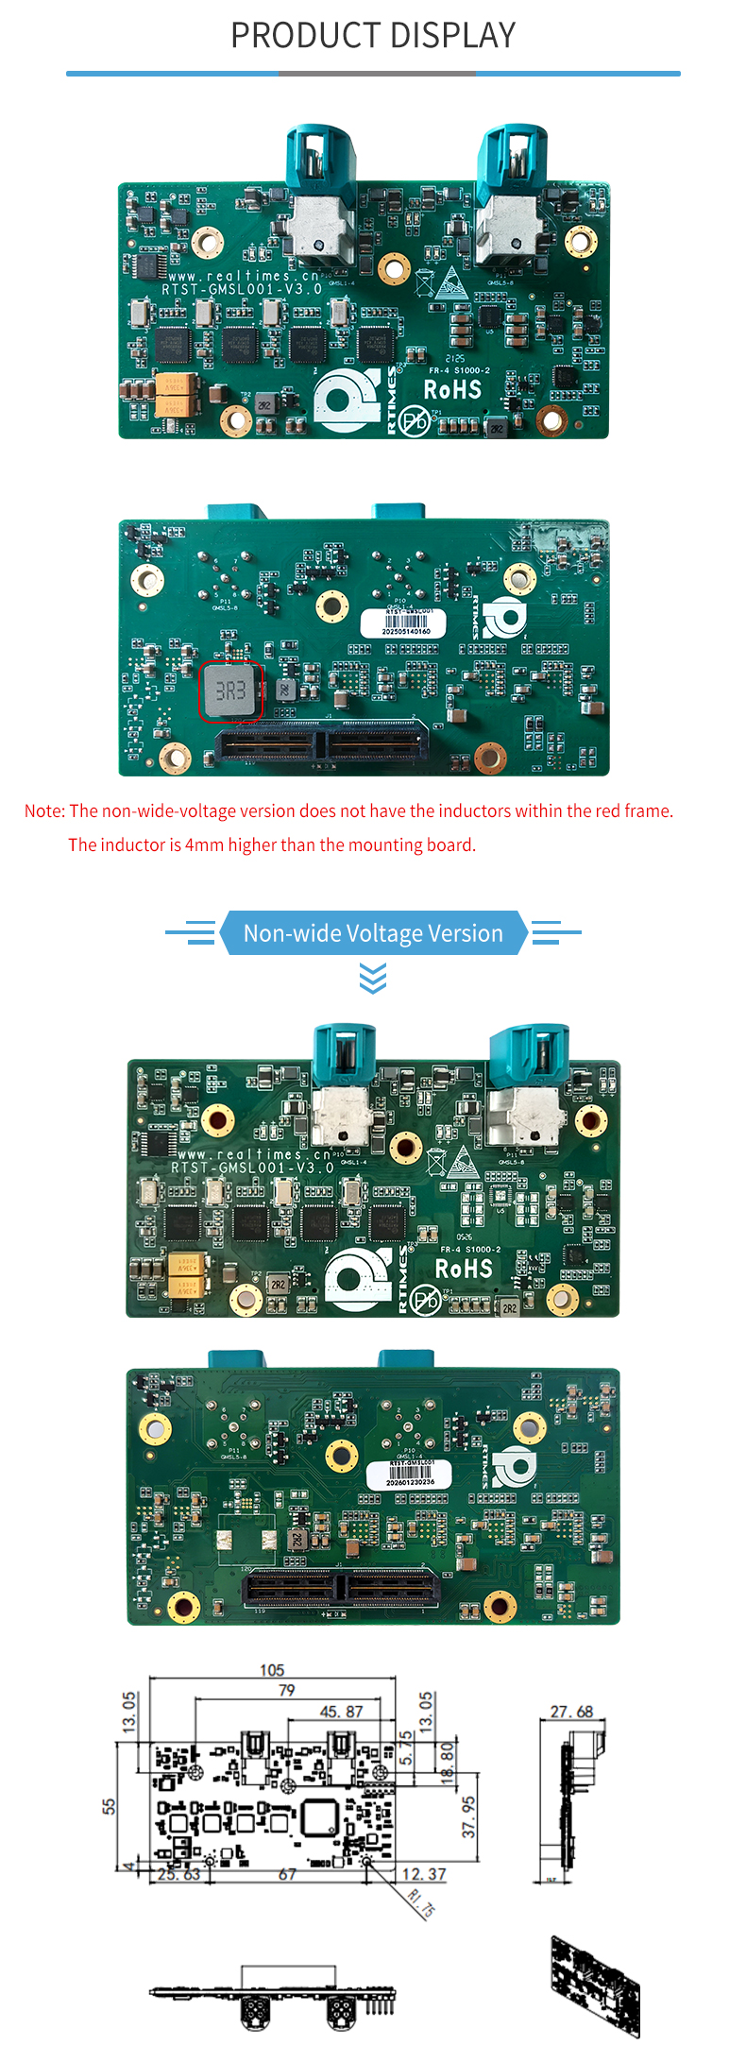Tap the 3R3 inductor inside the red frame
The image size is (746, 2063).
pyautogui.click(x=230, y=691)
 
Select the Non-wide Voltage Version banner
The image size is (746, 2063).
pyautogui.click(x=373, y=933)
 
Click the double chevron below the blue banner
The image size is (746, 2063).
pyautogui.click(x=373, y=979)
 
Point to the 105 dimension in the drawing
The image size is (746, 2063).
pyautogui.click(x=272, y=1670)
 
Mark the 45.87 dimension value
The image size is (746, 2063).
pyautogui.click(x=341, y=1712)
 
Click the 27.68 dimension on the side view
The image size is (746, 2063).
pyautogui.click(x=571, y=1712)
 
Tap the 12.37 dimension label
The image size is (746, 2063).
pyautogui.click(x=423, y=1874)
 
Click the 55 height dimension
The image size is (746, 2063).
pyautogui.click(x=110, y=1805)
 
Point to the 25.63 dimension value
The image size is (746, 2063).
pyautogui.click(x=178, y=1874)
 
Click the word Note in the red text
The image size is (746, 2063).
pyautogui.click(x=43, y=810)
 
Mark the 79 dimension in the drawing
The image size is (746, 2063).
pyautogui.click(x=286, y=1690)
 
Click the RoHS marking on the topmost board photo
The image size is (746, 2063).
pyautogui.click(x=452, y=389)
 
